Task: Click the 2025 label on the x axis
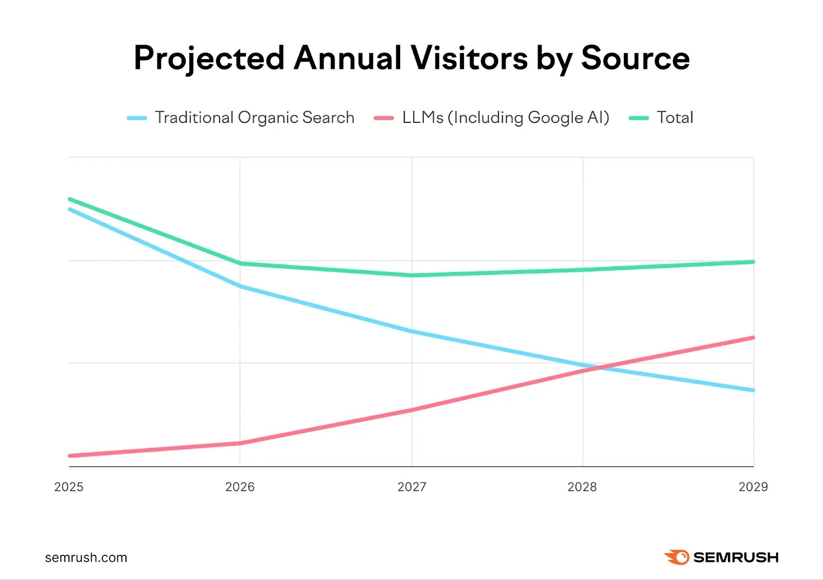click(x=68, y=487)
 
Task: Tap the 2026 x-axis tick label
click(x=240, y=487)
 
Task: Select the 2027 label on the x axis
click(x=411, y=487)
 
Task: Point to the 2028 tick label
click(x=582, y=487)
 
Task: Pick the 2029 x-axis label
click(x=753, y=487)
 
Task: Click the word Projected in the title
click(x=209, y=58)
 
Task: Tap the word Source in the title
click(x=635, y=58)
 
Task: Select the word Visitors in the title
click(x=469, y=58)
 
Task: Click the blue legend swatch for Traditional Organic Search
click(x=137, y=118)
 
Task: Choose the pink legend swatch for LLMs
click(x=384, y=118)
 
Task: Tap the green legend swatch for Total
click(x=639, y=118)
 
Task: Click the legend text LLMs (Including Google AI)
click(x=506, y=118)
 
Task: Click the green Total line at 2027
click(x=411, y=275)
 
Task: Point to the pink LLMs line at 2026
click(x=240, y=443)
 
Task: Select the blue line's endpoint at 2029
click(x=753, y=390)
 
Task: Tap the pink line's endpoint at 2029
click(x=753, y=338)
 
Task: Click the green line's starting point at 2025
click(x=70, y=199)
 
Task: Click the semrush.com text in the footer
click(x=86, y=558)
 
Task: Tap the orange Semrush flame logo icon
click(x=677, y=557)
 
